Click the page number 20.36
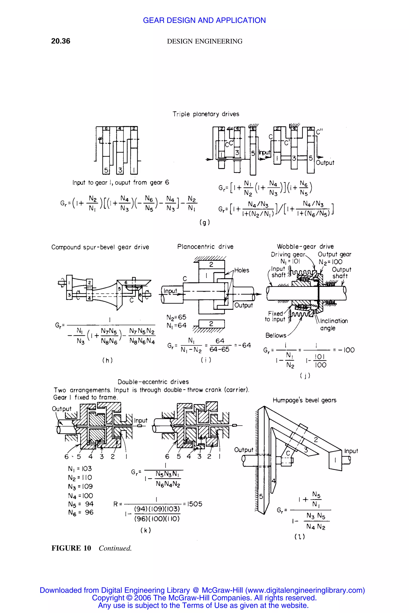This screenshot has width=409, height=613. [61, 41]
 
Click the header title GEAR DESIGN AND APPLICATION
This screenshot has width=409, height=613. [204, 20]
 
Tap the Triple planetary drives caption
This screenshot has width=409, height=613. [206, 114]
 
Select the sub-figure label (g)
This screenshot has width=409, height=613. [205, 222]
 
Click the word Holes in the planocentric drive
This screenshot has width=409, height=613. [241, 270]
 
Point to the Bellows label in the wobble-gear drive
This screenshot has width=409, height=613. [276, 335]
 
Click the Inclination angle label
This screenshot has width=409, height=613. [334, 324]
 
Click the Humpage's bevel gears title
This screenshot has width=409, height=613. [304, 400]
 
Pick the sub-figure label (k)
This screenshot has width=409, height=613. [146, 530]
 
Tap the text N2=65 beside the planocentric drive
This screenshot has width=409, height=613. [176, 317]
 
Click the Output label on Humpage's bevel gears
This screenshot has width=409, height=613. [244, 450]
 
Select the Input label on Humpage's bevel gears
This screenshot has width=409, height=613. [351, 451]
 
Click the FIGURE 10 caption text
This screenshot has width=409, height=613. [71, 548]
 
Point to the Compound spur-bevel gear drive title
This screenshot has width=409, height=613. [100, 247]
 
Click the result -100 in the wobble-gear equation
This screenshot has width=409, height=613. [346, 350]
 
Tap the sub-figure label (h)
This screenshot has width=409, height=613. [107, 360]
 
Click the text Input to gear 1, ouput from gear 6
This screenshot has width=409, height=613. [120, 182]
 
